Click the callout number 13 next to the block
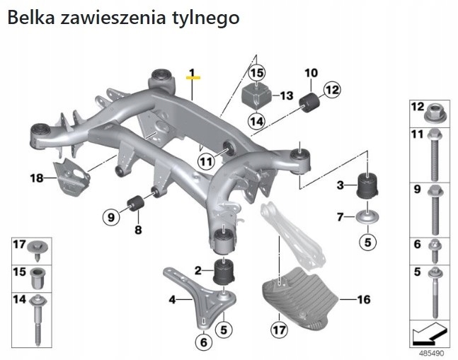point(287,95)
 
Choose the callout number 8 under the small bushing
point(139,230)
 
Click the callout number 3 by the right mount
point(340,185)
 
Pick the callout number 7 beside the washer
point(340,216)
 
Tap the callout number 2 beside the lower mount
point(199,269)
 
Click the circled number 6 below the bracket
point(203,343)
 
